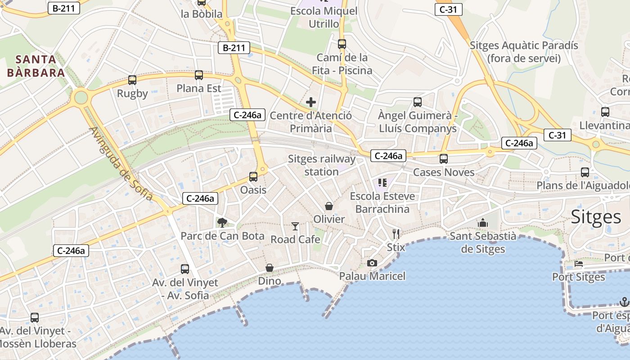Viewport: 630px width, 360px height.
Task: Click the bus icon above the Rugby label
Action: pyautogui.click(x=132, y=80)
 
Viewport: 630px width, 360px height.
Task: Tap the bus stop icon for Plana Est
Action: pyautogui.click(x=199, y=75)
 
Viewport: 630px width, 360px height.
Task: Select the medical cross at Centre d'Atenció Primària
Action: pyautogui.click(x=310, y=102)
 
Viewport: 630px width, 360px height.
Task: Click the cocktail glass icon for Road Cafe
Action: pyautogui.click(x=295, y=226)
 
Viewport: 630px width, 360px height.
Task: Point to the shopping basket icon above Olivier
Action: pyautogui.click(x=329, y=206)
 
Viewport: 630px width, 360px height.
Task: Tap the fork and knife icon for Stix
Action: pyautogui.click(x=396, y=234)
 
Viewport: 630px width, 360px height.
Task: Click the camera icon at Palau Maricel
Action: pyautogui.click(x=372, y=263)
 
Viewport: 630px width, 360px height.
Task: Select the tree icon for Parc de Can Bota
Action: pyautogui.click(x=222, y=222)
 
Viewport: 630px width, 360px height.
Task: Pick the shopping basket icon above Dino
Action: pyautogui.click(x=270, y=268)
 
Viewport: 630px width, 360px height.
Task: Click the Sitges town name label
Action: pyautogui.click(x=596, y=217)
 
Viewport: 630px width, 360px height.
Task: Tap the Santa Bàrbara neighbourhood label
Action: pyautogui.click(x=36, y=66)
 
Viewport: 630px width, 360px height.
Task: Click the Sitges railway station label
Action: pyautogui.click(x=321, y=165)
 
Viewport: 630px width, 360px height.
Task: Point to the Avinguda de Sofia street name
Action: pyautogui.click(x=121, y=164)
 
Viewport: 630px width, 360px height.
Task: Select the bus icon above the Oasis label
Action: pyautogui.click(x=253, y=176)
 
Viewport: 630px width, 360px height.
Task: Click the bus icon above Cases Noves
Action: pyautogui.click(x=444, y=158)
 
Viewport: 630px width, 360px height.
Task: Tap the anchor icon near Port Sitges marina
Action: pyautogui.click(x=624, y=301)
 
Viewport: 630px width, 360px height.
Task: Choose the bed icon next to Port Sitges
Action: pyautogui.click(x=579, y=264)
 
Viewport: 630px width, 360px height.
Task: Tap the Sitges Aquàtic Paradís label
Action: pyautogui.click(x=524, y=52)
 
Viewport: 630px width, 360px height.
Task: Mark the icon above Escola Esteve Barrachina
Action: pyautogui.click(x=382, y=182)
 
